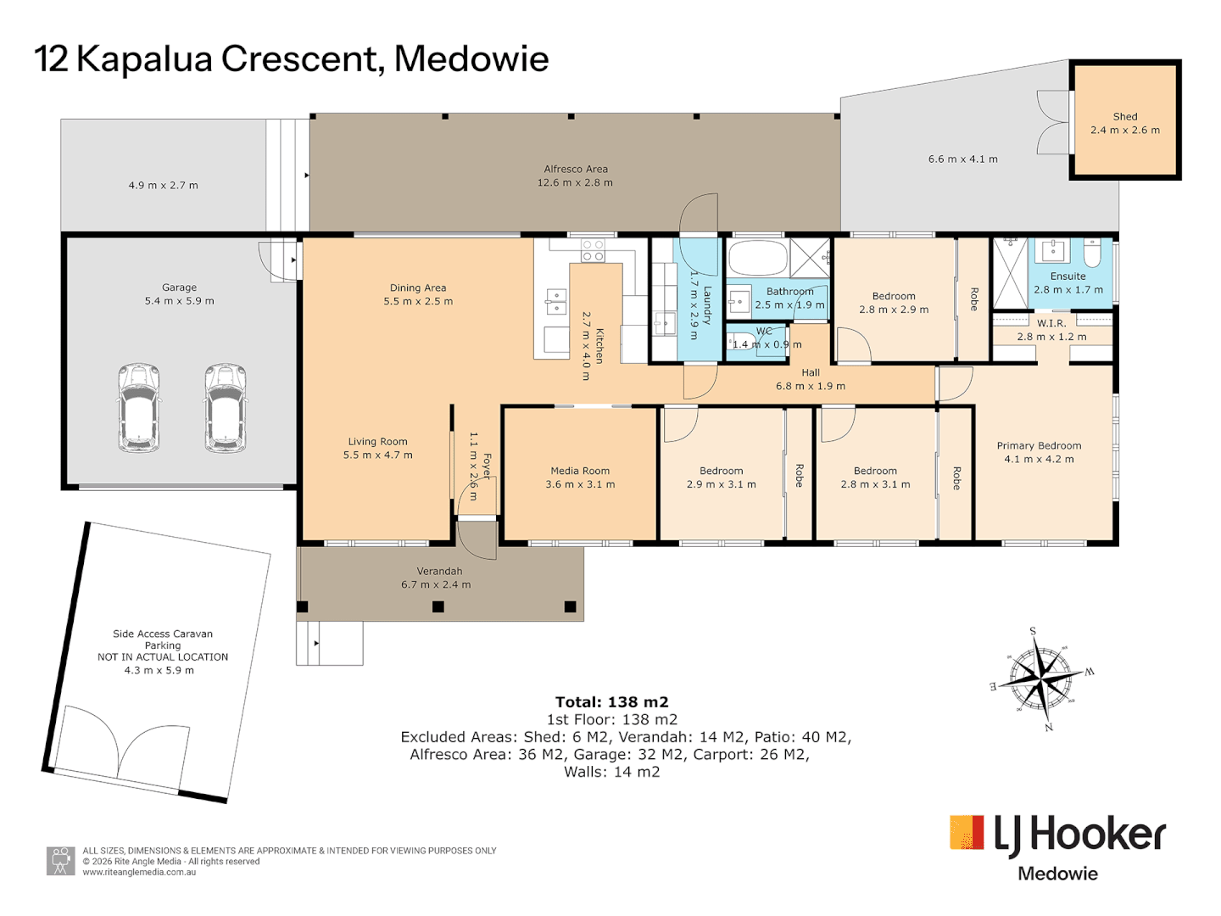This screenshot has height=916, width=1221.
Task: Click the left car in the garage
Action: click(139, 408)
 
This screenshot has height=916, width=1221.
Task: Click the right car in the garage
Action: click(225, 408)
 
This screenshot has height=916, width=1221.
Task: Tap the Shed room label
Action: click(1124, 117)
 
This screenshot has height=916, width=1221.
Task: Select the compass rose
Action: click(1040, 679)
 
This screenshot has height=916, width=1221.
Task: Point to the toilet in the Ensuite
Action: click(1092, 253)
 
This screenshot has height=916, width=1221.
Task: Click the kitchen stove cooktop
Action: click(593, 250)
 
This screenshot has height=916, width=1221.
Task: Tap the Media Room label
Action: click(580, 471)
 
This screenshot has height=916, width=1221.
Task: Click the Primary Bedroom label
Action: click(1039, 445)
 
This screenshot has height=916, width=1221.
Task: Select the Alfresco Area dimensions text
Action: click(575, 182)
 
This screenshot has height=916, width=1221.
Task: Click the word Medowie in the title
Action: click(471, 59)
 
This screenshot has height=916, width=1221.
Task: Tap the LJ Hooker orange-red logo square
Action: click(967, 832)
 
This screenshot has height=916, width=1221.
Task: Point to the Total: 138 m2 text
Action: click(612, 702)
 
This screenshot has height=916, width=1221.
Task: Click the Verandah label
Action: click(439, 571)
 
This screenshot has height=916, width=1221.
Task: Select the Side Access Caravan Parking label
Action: click(163, 639)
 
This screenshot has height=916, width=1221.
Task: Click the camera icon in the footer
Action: click(60, 861)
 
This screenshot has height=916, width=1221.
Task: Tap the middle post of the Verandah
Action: click(438, 606)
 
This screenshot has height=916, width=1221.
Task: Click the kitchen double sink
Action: click(556, 302)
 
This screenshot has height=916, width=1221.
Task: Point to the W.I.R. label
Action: click(1051, 323)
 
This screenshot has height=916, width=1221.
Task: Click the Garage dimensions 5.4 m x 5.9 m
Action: click(179, 301)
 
